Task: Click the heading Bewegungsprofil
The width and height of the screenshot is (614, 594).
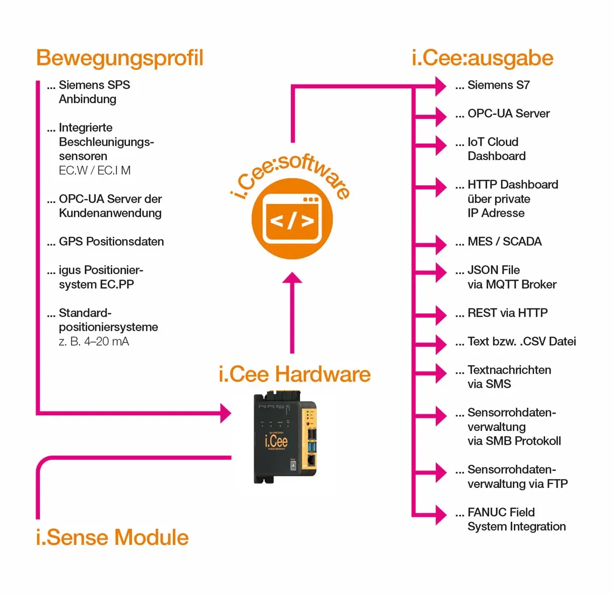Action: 120,58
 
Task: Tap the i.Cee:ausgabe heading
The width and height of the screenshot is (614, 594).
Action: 482,58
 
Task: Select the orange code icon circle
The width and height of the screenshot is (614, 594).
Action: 292,219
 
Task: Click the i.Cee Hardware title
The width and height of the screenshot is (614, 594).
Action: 295,374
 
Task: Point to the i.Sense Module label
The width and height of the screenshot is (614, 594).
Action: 112,537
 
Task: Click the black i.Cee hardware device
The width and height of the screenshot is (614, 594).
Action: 280,439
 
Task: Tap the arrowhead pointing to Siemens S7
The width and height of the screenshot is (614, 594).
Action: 440,85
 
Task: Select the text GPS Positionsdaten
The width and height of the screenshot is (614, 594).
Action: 111,242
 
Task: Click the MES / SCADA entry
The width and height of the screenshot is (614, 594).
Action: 504,242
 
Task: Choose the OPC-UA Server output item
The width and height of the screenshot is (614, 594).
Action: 508,114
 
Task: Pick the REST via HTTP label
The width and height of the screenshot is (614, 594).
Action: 507,313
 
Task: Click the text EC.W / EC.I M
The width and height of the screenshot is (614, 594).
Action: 95,171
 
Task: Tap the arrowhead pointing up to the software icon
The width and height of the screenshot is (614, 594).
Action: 292,278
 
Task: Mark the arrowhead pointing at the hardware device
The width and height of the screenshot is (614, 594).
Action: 225,414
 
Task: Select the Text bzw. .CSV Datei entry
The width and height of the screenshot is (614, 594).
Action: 521,341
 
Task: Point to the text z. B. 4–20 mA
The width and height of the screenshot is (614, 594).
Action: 94,341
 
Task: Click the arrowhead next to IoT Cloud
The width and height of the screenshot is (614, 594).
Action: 440,145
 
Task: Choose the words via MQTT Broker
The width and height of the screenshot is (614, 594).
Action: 512,284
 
